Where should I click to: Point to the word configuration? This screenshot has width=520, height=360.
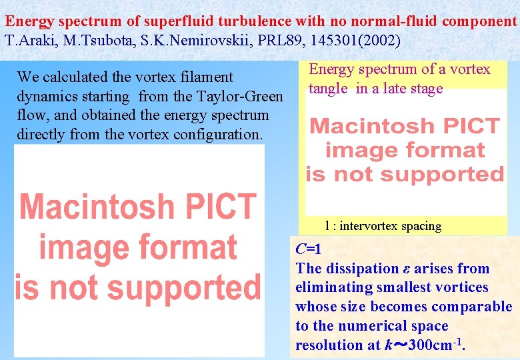pyautogui.click(x=218, y=135)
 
